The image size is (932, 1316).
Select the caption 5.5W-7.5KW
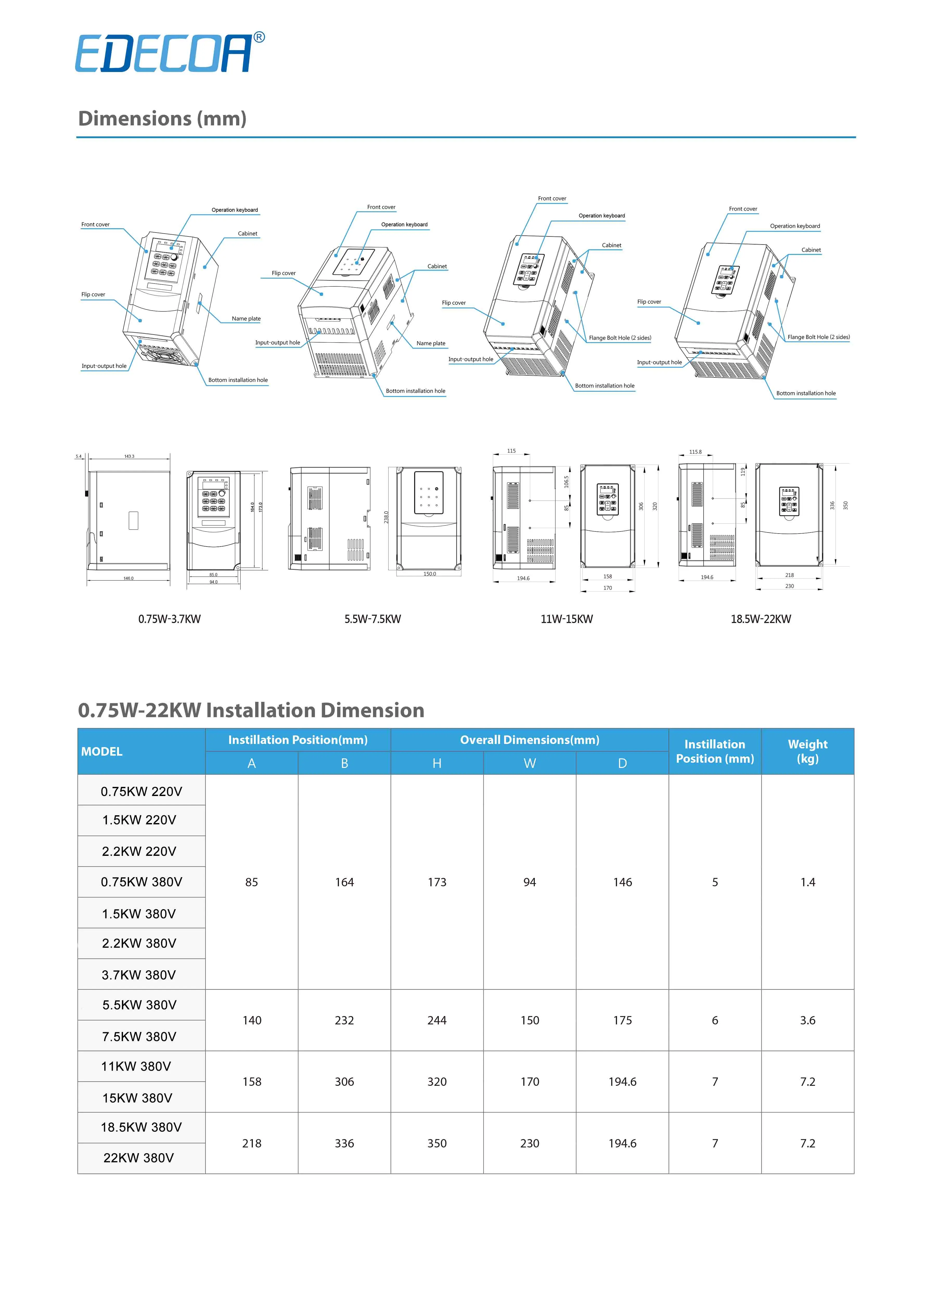(372, 619)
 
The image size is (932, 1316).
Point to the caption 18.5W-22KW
(760, 619)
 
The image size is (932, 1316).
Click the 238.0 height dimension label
(386, 517)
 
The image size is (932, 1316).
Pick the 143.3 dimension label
(129, 456)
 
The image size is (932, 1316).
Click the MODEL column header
(102, 751)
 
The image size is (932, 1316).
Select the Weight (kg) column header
(807, 751)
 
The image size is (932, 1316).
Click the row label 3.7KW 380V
(139, 974)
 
